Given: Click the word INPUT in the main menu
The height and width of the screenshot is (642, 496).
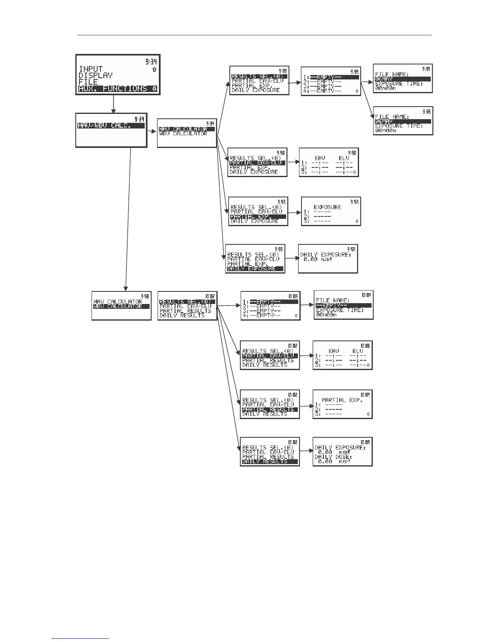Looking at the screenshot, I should pyautogui.click(x=91, y=69).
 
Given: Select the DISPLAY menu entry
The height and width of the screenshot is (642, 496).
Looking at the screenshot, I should pyautogui.click(x=96, y=76).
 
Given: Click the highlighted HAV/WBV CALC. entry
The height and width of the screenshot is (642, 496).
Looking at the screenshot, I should pyautogui.click(x=105, y=126).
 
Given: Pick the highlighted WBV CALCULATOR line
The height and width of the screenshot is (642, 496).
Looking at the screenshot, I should pyautogui.click(x=118, y=306).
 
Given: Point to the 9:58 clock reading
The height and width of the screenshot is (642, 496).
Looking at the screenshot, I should pyautogui.click(x=145, y=296).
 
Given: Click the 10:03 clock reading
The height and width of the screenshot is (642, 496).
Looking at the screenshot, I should pyautogui.click(x=293, y=296).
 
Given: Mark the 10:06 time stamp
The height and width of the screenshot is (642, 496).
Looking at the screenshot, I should pyautogui.click(x=365, y=346).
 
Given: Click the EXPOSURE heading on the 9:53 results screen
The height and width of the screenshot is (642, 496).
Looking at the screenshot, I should pyautogui.click(x=327, y=207).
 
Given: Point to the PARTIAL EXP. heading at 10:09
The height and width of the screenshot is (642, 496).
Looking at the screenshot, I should pyautogui.click(x=342, y=400).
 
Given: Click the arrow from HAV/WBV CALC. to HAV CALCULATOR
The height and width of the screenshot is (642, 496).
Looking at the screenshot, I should pyautogui.click(x=152, y=131).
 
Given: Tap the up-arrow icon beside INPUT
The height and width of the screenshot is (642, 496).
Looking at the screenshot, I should pyautogui.click(x=154, y=70).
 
